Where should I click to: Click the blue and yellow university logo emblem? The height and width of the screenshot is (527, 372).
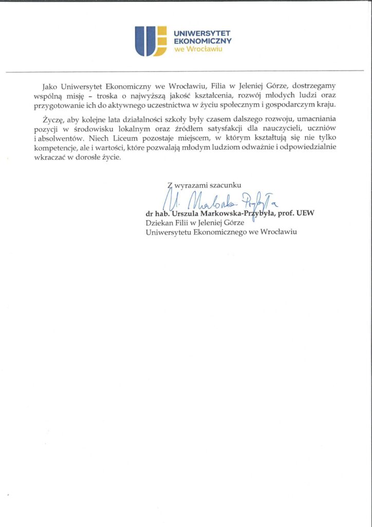[151, 41]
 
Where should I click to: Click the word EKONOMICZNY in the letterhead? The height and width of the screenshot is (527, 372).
[202, 40]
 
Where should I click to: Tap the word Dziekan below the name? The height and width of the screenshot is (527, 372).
[159, 222]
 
